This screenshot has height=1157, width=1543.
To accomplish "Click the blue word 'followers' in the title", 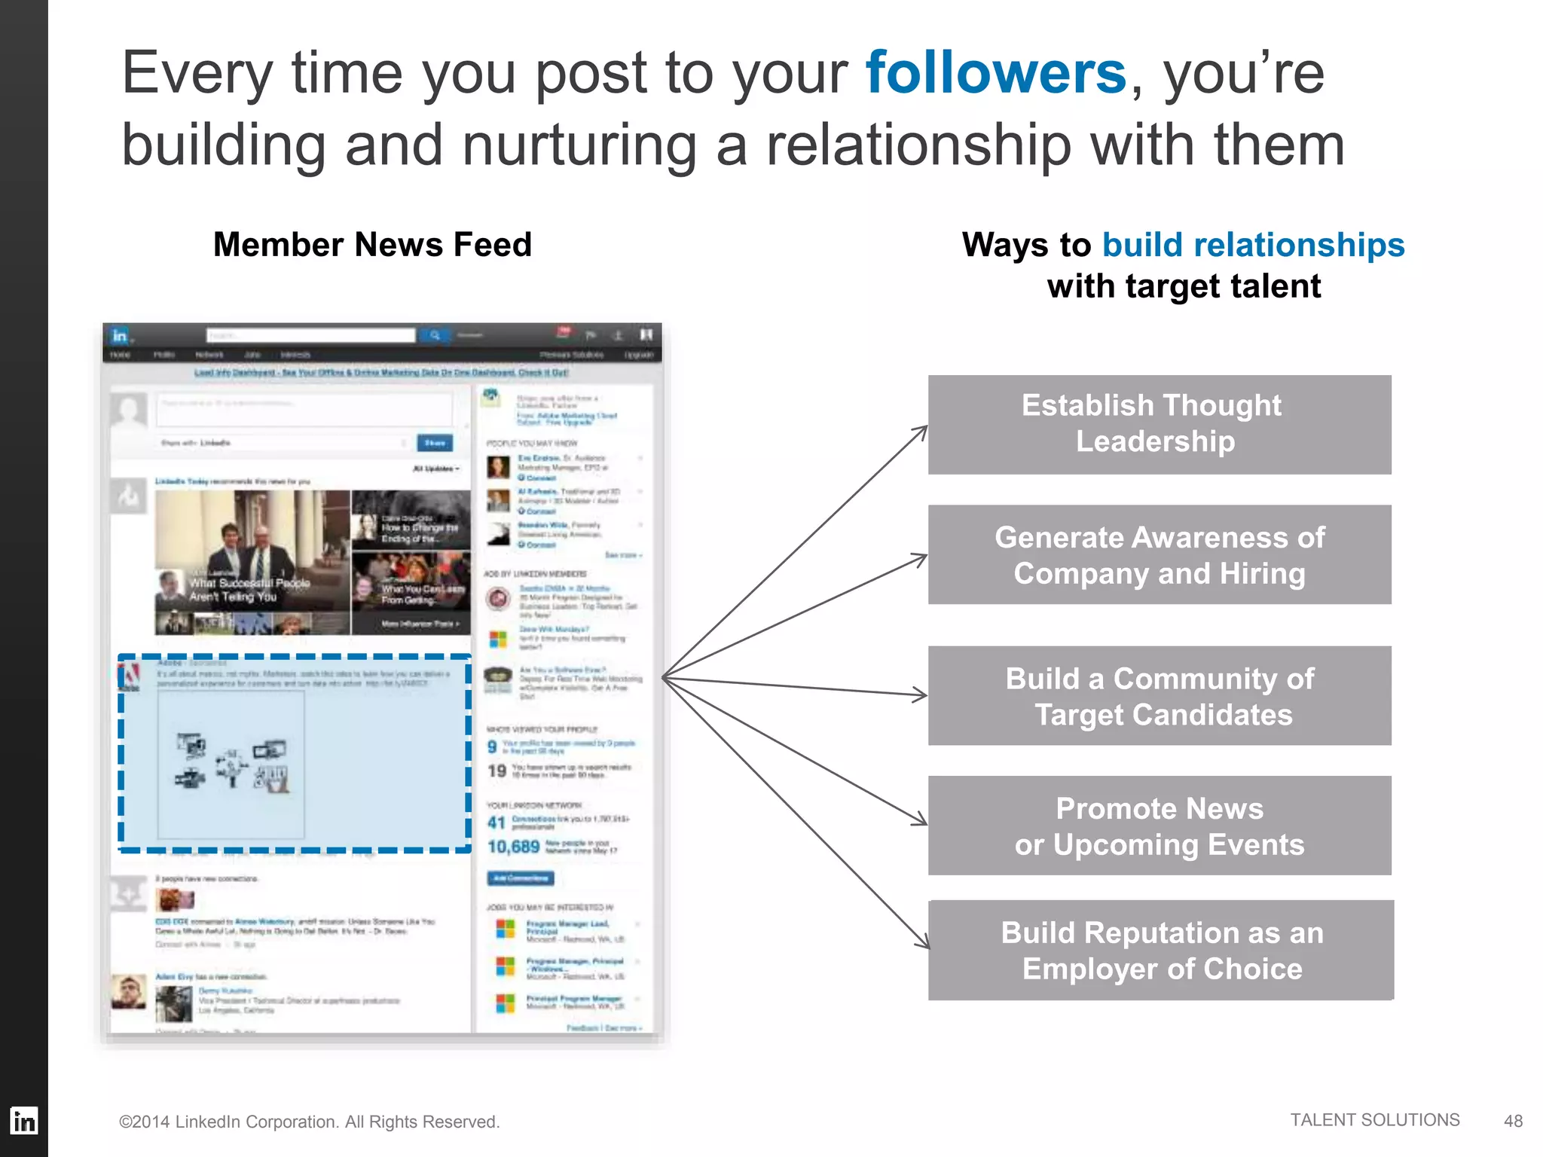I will click(x=995, y=73).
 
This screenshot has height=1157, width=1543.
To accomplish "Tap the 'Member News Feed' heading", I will click(x=372, y=245).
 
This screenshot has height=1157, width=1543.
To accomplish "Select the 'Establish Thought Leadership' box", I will click(x=1159, y=424).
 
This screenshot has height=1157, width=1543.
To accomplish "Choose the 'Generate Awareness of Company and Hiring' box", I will click(x=1159, y=554).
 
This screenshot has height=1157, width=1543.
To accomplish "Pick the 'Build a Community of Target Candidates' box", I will click(x=1159, y=696).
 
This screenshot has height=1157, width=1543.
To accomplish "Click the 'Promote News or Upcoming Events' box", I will click(x=1159, y=826).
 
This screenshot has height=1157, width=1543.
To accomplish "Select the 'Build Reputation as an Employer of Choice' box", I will click(x=1160, y=950).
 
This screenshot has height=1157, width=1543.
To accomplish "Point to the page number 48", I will click(x=1513, y=1121).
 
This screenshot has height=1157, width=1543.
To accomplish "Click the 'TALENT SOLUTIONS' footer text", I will click(x=1374, y=1120).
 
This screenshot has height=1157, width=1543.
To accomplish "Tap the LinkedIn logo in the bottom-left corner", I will click(x=23, y=1121).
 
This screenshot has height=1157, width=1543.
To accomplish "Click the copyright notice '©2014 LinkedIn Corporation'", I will click(x=309, y=1122).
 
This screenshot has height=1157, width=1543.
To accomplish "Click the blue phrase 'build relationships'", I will click(x=1253, y=245).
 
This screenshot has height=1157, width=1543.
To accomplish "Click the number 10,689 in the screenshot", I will click(x=513, y=847).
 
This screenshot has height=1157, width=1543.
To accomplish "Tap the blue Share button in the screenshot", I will click(x=435, y=443).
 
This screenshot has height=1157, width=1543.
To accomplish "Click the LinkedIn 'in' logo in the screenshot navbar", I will click(x=120, y=335).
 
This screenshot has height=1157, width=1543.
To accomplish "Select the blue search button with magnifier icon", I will click(x=435, y=335).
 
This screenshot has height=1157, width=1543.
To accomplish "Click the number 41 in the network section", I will click(x=496, y=823).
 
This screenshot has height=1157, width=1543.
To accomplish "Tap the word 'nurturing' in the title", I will click(x=579, y=145).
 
